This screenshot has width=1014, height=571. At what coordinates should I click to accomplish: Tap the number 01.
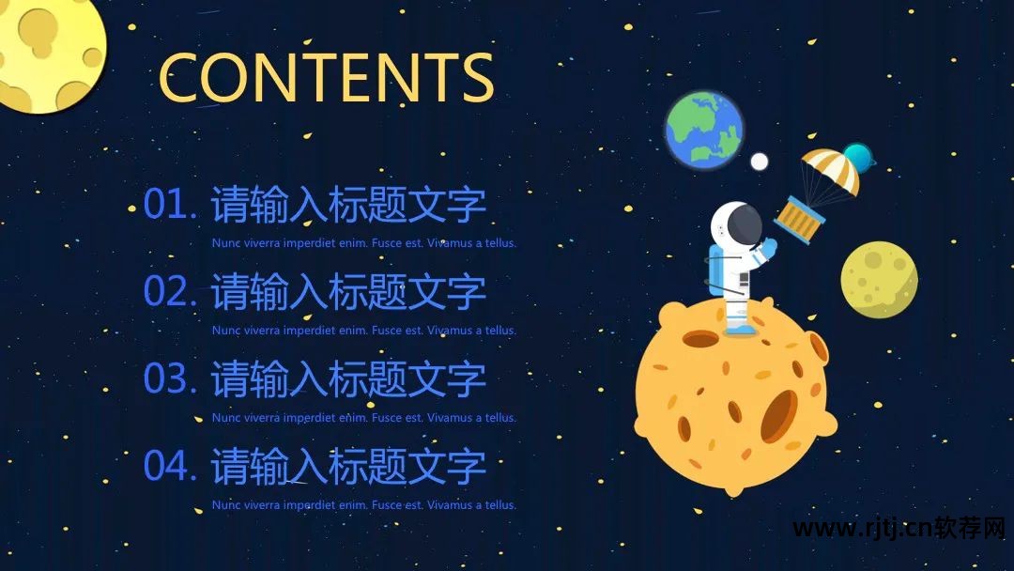(168, 205)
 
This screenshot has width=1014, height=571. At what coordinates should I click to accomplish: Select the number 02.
(168, 292)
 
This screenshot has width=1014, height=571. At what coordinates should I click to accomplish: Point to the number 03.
(168, 379)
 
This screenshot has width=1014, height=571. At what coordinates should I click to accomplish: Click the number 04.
(168, 467)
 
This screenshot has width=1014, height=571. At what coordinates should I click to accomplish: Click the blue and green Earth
(704, 131)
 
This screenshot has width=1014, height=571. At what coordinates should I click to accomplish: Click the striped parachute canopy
(830, 170)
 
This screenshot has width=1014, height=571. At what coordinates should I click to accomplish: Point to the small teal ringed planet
(857, 158)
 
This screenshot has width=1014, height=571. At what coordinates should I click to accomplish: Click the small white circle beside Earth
(760, 162)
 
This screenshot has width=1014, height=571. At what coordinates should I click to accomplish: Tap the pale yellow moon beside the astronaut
(879, 279)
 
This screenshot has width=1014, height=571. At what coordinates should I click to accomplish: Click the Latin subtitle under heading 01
(364, 243)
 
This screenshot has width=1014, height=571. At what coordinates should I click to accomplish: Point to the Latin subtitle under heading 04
(364, 505)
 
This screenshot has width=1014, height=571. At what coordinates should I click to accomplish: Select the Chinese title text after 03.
(348, 379)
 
